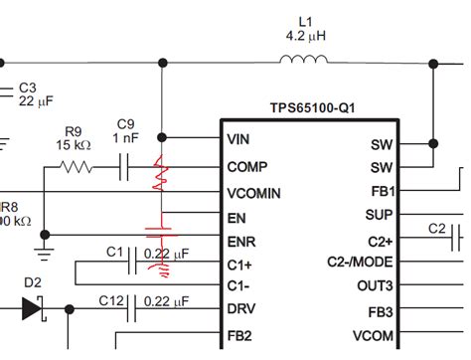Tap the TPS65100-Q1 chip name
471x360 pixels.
pos(312,106)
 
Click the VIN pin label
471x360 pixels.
pos(239,139)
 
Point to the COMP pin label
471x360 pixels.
pos(246,166)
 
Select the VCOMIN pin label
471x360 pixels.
pos(252,192)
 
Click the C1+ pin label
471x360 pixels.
pos(240,265)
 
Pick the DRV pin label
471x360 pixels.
pos(241,309)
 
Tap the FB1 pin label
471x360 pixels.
pos(384,192)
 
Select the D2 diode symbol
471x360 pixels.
pos(33,309)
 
